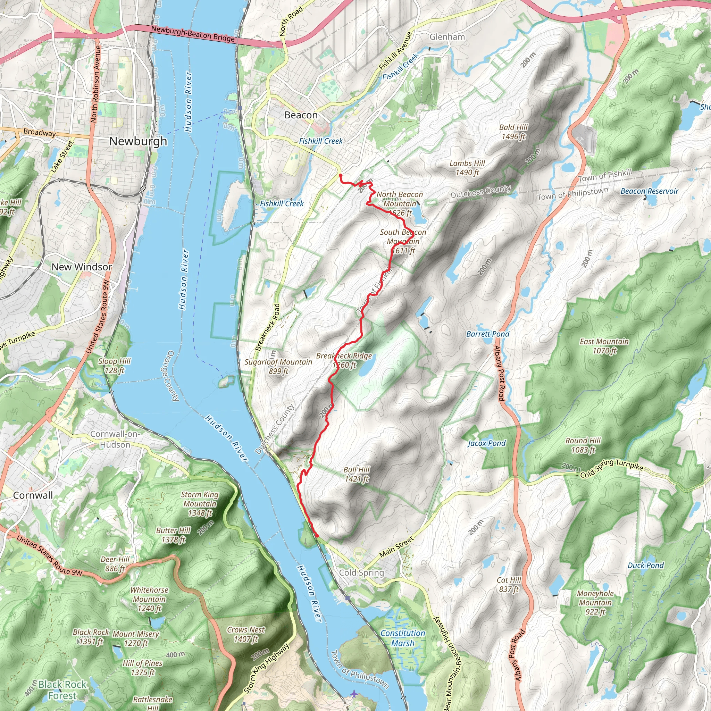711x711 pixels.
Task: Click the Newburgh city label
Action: tap(138, 141)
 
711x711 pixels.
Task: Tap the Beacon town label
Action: tap(301, 115)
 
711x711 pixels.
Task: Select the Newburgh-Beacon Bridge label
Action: tap(193, 34)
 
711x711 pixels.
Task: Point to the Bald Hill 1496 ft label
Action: tap(513, 132)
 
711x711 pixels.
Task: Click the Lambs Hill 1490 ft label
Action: tap(467, 168)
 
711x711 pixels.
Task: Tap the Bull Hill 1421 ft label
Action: tap(357, 474)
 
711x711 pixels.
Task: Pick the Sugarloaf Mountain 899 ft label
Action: tap(278, 366)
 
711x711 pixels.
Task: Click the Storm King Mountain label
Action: tap(200, 503)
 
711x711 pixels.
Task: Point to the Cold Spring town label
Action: tap(361, 572)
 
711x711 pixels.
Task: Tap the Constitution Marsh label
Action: tap(403, 638)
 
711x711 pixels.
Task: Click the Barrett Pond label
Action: tap(488, 334)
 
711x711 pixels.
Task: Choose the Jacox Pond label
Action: tap(486, 443)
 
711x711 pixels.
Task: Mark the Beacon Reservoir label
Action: tap(649, 191)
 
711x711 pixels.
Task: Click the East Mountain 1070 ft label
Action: tap(604, 346)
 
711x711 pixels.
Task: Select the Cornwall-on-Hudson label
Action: tap(115, 439)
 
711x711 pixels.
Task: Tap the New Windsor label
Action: tap(82, 267)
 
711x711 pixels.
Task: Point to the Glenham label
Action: tap(447, 37)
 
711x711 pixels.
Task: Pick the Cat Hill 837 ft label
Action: tap(509, 584)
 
